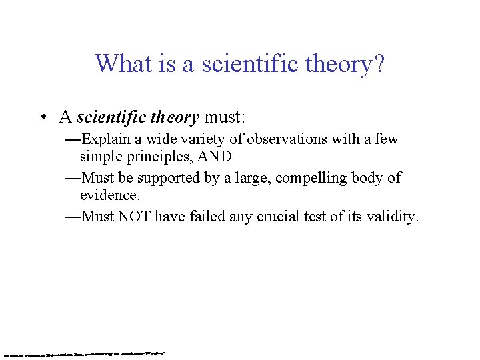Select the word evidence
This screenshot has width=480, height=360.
pos(110,195)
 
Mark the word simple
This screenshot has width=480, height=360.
pos(100,157)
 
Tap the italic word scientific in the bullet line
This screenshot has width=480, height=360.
pos(111,118)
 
